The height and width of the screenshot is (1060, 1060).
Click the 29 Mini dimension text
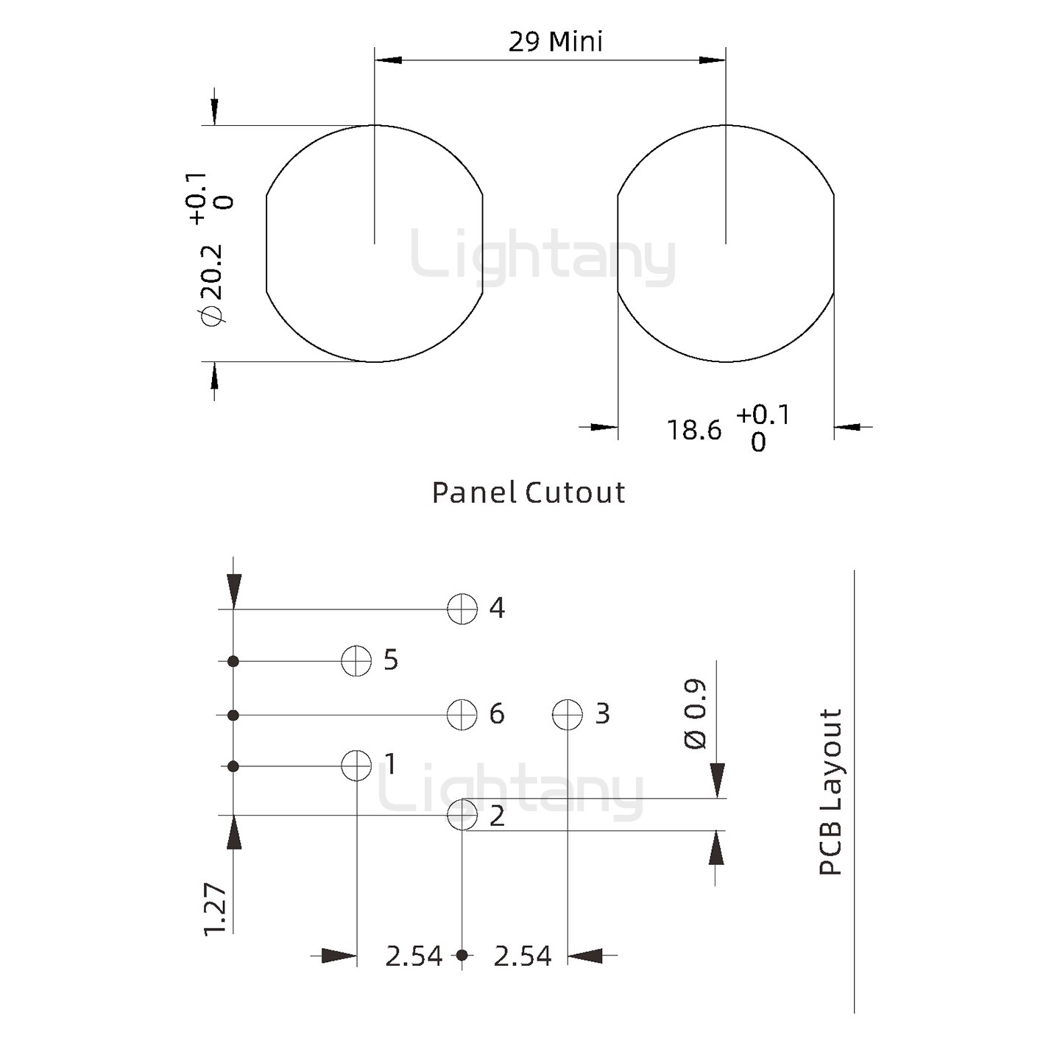[x=555, y=41]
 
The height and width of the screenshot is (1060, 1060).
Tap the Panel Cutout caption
[x=528, y=492]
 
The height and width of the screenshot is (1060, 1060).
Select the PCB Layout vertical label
[x=830, y=792]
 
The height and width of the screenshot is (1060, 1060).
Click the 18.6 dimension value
[x=694, y=430]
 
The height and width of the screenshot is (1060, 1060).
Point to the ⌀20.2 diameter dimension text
[x=211, y=284]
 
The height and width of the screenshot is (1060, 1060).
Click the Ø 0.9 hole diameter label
[x=695, y=715]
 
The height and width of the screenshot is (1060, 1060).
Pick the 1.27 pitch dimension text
[x=215, y=909]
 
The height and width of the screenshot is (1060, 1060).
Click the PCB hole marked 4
[x=462, y=609]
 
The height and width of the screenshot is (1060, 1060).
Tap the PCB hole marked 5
[x=356, y=660]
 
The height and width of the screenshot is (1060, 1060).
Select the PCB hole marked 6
[x=462, y=714]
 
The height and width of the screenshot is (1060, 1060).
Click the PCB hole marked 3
[x=568, y=714]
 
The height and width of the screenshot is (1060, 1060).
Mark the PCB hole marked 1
[x=356, y=766]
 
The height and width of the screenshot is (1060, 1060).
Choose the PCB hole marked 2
[x=462, y=814]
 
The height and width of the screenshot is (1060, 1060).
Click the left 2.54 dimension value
[x=414, y=956]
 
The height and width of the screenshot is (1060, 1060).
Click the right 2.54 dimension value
[x=522, y=956]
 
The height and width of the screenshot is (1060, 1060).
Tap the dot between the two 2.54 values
[x=462, y=955]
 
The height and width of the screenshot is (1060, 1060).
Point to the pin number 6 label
[x=497, y=713]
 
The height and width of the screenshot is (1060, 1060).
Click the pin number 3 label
[x=602, y=713]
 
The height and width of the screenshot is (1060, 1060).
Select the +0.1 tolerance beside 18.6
[x=763, y=415]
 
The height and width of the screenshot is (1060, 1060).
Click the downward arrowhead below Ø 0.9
[x=717, y=780]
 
